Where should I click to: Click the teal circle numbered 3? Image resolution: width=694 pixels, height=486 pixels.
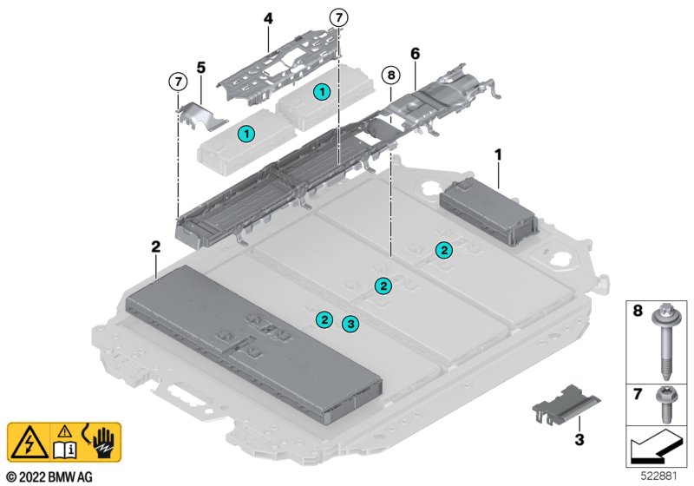click(350, 324)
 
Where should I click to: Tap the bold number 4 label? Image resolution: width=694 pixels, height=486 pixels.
click(269, 16)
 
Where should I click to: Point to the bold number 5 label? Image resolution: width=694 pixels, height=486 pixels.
click(201, 66)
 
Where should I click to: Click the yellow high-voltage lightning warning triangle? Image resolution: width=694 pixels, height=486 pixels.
click(29, 443)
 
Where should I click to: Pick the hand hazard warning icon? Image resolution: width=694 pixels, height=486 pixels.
click(101, 443)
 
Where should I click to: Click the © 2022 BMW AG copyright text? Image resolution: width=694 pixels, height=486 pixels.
click(49, 477)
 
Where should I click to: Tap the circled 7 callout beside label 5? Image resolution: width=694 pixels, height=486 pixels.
click(177, 82)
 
